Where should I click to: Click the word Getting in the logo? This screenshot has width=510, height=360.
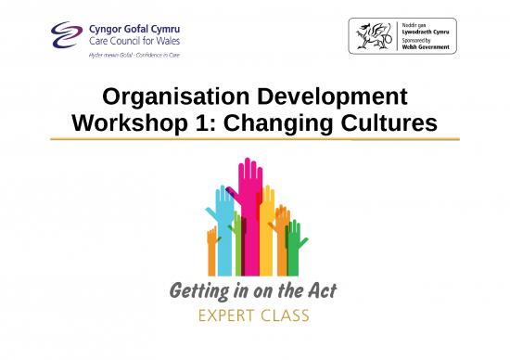tap(203, 293)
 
